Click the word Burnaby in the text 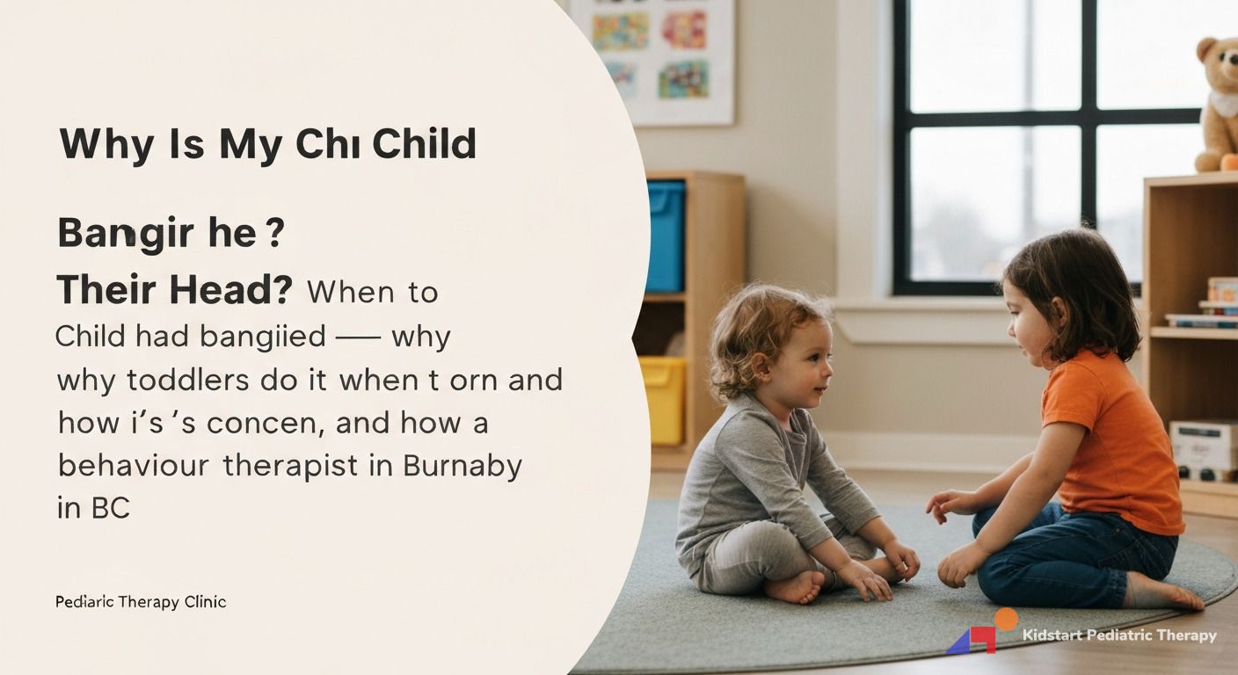point(462,465)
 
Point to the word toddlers point(186,381)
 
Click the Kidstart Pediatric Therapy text point(1119,635)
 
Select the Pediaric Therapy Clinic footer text point(141,602)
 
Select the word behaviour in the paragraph point(134,465)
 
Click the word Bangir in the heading point(112,235)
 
